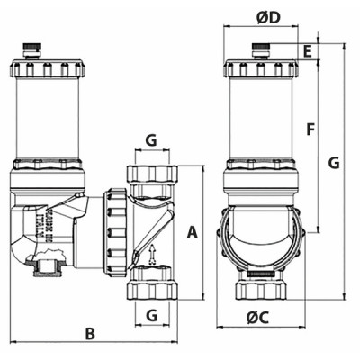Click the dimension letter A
191,232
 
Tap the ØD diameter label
269,18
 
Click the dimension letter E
307,52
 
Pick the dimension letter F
310,129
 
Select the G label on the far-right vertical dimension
334,163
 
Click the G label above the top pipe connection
151,141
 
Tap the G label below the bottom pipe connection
151,315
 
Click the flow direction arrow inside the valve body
152,254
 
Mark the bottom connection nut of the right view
262,288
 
